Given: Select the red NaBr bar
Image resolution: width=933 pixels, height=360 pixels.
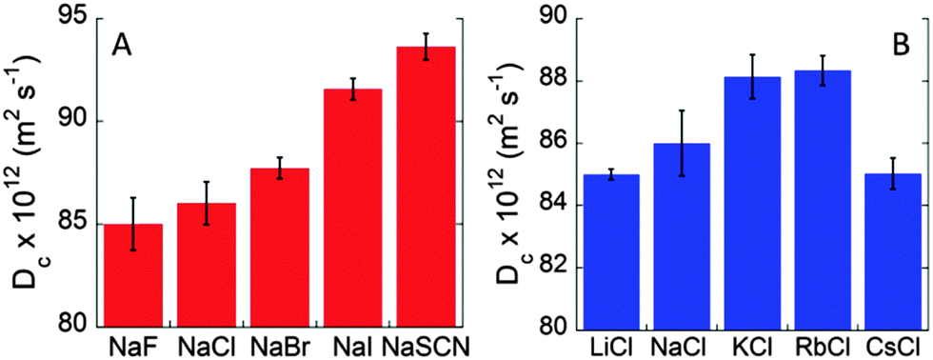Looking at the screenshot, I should [x=280, y=248].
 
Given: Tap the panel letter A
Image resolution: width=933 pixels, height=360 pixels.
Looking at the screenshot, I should [x=121, y=44].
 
